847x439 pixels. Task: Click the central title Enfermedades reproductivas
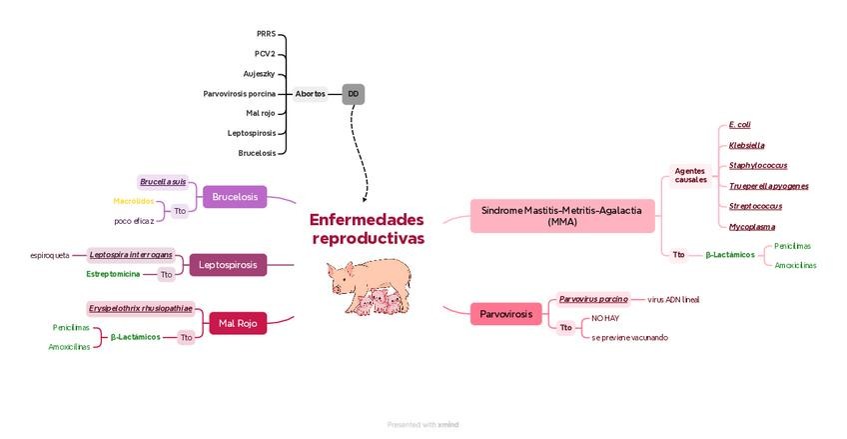point(367,229)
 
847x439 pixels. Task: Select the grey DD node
point(353,94)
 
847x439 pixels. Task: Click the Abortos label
point(310,94)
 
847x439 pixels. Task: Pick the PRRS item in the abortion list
point(266,34)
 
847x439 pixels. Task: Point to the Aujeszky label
point(259,74)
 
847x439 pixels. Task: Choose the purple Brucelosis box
point(235,197)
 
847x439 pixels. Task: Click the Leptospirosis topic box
point(228,265)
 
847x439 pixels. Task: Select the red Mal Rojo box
point(238,323)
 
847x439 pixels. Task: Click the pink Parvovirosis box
point(506,315)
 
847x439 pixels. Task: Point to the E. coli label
point(740,124)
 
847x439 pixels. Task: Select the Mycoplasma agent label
point(752,227)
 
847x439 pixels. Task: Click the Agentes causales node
point(690,175)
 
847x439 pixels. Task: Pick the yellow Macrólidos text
point(133,201)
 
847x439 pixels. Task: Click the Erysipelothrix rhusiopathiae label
point(141,308)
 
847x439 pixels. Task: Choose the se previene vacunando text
point(629,337)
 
